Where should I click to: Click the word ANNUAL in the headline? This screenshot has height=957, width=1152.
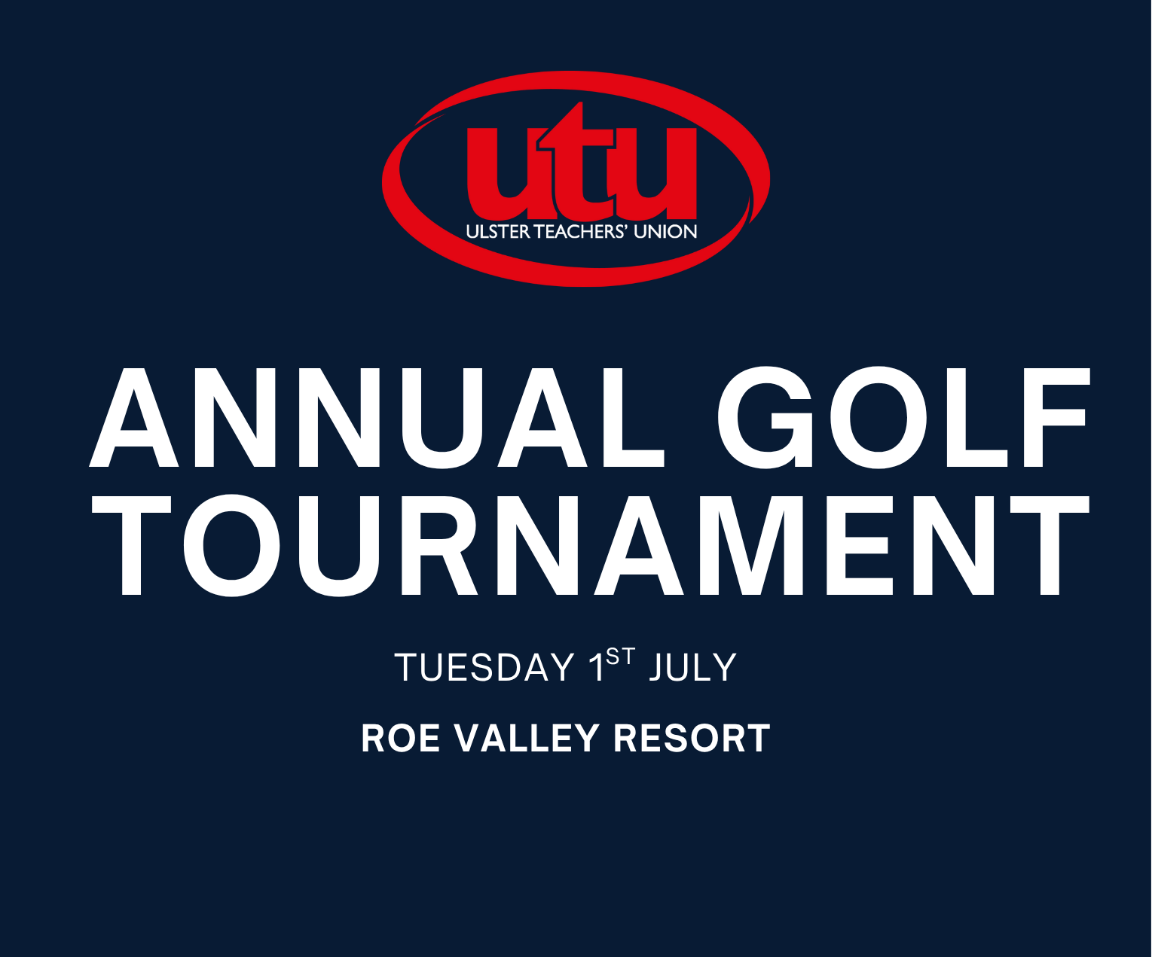[377, 417]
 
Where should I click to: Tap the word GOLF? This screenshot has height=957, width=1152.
[904, 417]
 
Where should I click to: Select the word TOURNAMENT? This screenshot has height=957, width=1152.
[591, 545]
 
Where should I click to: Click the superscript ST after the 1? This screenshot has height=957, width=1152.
[621, 657]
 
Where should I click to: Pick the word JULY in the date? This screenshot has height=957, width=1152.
[693, 667]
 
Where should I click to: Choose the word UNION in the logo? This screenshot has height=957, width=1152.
[665, 232]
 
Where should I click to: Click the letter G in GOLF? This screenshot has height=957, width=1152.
[765, 417]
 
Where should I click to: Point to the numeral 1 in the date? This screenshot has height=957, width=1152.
[597, 668]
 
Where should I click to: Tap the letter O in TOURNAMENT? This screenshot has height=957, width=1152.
[231, 545]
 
